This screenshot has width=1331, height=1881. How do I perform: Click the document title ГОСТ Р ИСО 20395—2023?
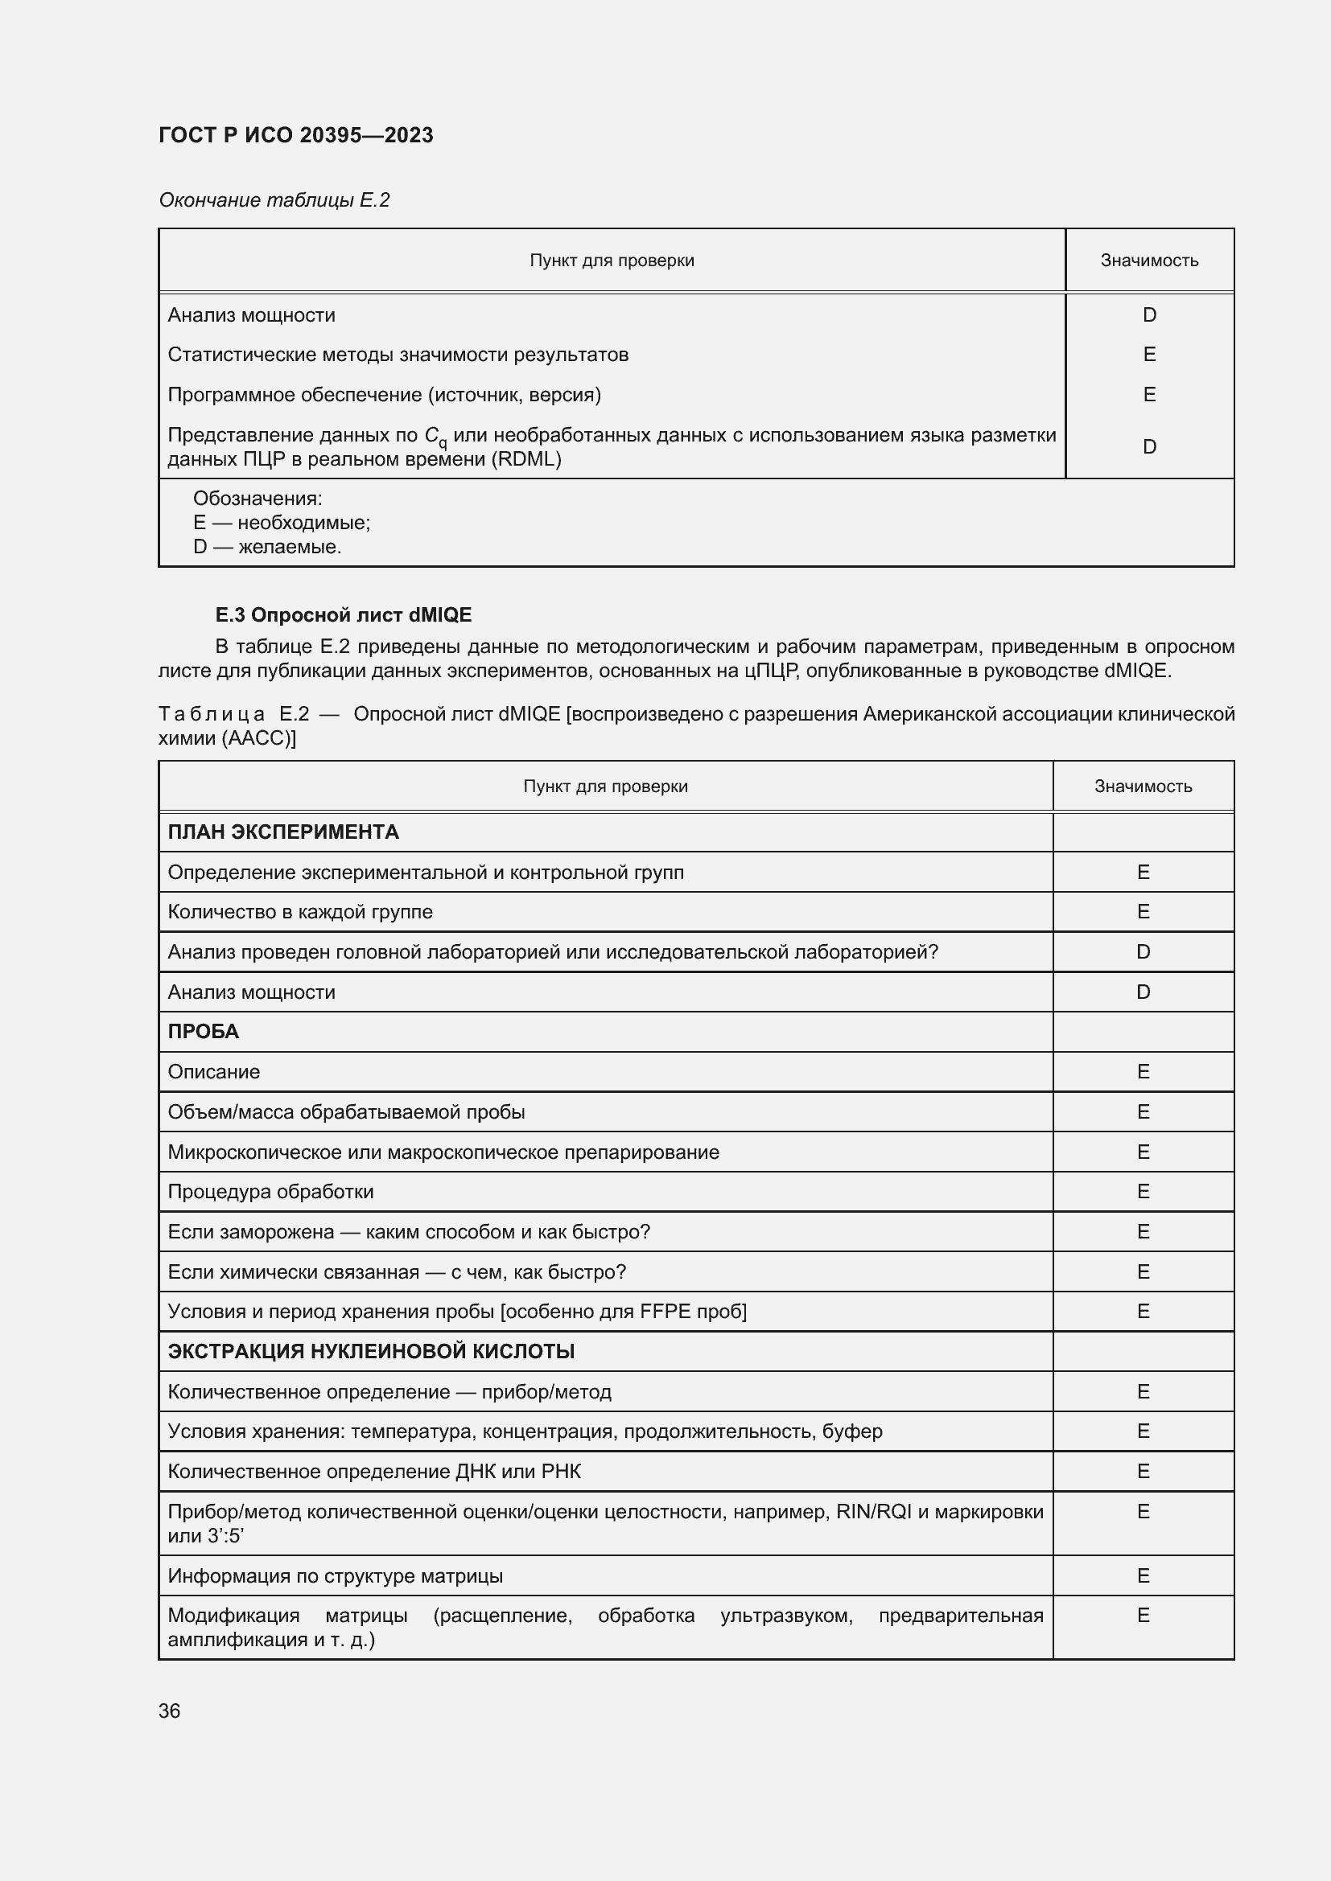point(295,135)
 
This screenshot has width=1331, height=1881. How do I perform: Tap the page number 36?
point(169,1711)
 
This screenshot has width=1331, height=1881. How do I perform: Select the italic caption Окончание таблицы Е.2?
point(274,200)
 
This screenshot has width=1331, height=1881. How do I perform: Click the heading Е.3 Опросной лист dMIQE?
point(343,614)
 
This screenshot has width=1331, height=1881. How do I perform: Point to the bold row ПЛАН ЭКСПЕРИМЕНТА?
point(282,832)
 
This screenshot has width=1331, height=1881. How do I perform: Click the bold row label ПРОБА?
point(204,1031)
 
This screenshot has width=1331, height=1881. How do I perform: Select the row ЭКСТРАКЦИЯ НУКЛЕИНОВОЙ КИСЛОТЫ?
point(370,1351)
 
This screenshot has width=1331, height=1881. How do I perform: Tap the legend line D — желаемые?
point(266,546)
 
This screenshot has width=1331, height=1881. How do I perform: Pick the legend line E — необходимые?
point(281,523)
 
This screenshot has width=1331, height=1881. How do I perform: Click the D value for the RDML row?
point(1149,446)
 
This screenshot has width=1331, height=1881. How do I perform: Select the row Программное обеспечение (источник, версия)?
point(384,395)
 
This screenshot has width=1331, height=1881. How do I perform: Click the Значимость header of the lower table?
point(1143,786)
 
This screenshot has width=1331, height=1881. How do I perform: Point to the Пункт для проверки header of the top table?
point(612,261)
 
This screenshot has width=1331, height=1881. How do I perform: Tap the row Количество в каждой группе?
point(300,912)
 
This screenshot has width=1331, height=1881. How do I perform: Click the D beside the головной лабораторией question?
point(1143,952)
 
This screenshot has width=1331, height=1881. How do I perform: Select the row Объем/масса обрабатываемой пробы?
point(346,1111)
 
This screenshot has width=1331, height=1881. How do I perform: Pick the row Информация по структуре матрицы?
point(336,1575)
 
